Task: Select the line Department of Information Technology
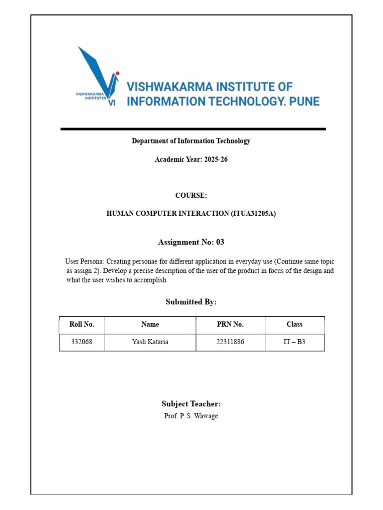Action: click(x=191, y=141)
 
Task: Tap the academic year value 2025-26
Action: click(x=216, y=160)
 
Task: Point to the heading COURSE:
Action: click(x=191, y=195)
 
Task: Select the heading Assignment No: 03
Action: click(x=191, y=243)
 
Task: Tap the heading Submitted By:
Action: click(x=191, y=302)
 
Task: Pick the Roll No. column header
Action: click(x=82, y=324)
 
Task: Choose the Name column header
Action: click(x=150, y=324)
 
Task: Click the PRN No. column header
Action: click(x=230, y=324)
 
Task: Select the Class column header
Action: click(x=294, y=324)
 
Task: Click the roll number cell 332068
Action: click(x=82, y=342)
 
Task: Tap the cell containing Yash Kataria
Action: click(x=150, y=342)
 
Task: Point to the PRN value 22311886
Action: click(x=230, y=342)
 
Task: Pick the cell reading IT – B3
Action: click(x=294, y=342)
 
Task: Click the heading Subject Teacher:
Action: click(x=191, y=404)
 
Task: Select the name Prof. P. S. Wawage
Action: click(x=191, y=416)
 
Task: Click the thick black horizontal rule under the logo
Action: click(x=193, y=129)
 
